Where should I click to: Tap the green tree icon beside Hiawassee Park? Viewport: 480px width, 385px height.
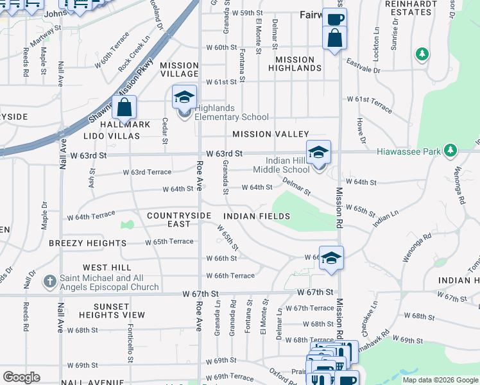[x=451, y=151]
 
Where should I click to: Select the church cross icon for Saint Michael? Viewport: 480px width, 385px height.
[x=51, y=282]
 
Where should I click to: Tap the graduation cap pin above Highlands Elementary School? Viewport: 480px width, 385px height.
[x=184, y=98]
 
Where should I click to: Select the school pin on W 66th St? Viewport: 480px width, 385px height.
[x=331, y=258]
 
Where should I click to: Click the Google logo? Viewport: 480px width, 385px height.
[x=21, y=377]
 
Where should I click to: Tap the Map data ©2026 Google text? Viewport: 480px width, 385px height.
[x=440, y=380]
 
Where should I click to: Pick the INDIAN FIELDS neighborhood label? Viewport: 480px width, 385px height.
[x=257, y=216]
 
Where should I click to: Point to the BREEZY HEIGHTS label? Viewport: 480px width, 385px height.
[x=87, y=243]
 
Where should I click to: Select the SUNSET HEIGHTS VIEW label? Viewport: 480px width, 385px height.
[x=112, y=311]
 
